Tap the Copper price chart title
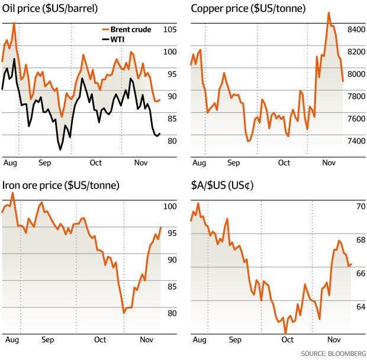[x=239, y=9]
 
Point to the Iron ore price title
[x=60, y=186]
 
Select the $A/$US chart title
[x=223, y=186]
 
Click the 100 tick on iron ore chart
[x=170, y=207]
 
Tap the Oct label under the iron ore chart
[x=100, y=340]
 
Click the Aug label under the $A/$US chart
[x=199, y=340]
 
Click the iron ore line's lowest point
[x=124, y=313]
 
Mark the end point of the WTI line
[x=160, y=134]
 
